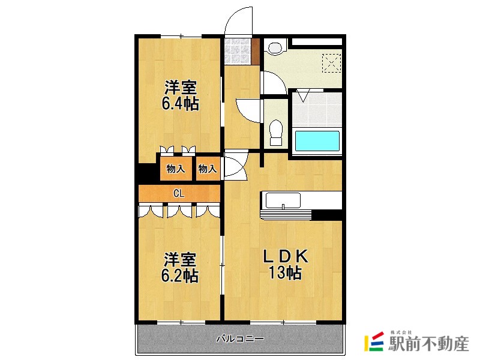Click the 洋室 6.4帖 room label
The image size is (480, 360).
point(179,95)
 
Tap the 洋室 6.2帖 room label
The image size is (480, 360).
point(179,268)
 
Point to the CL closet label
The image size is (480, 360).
point(178,193)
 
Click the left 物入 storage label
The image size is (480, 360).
point(175,169)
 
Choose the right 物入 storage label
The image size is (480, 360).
point(208,169)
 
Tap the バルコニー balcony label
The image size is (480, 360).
point(240,340)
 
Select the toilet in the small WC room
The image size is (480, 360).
point(276,132)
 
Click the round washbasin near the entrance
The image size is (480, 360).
point(275,47)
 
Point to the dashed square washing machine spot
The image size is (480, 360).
point(331,63)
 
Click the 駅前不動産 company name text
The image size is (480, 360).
point(428,344)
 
